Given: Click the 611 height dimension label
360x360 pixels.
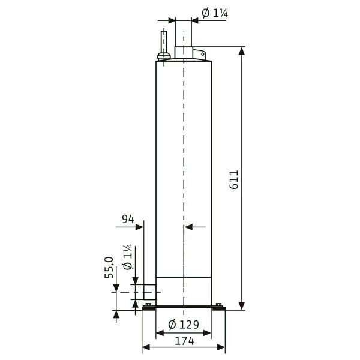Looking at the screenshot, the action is click(x=234, y=180).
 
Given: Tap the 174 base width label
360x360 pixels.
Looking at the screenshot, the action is click(x=185, y=341).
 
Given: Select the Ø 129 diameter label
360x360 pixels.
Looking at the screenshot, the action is click(x=184, y=325).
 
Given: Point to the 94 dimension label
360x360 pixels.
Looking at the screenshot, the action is click(x=128, y=219).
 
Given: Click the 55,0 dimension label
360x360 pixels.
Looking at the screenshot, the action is click(x=109, y=268).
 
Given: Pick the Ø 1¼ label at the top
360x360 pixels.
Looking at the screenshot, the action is click(x=215, y=13).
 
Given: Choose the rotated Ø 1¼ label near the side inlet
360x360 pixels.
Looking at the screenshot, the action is click(x=127, y=257).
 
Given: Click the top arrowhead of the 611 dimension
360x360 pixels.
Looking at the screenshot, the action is click(x=241, y=51).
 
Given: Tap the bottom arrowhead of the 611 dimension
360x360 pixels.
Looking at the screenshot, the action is click(x=241, y=306).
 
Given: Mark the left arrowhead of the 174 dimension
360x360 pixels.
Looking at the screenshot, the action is click(x=146, y=347).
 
